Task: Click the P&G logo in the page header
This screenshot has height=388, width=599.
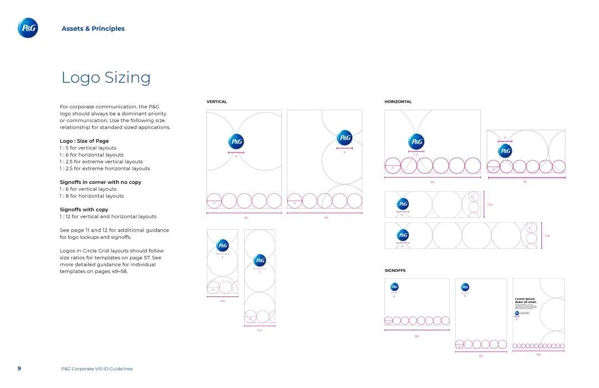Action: [x=28, y=28]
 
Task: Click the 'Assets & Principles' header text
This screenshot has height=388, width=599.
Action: [x=93, y=29]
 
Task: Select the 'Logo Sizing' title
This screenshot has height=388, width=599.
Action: [x=106, y=78]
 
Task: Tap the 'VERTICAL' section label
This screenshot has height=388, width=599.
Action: [x=217, y=102]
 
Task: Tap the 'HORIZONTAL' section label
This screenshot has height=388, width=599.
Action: [x=398, y=102]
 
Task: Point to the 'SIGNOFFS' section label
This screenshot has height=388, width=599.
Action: [x=395, y=271]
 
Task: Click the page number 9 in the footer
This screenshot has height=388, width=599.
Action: [x=19, y=369]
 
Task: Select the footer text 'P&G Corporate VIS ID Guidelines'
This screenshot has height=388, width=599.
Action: [x=97, y=369]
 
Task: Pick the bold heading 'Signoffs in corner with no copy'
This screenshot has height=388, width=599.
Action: [x=100, y=182]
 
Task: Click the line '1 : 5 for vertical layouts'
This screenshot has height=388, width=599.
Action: [x=88, y=148]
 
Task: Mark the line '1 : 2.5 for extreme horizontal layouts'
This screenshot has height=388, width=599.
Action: [x=105, y=168]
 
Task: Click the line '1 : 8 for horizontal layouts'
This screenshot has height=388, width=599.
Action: [x=92, y=196]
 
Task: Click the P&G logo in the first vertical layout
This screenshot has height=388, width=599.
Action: [x=236, y=142]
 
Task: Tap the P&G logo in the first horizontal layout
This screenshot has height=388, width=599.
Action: [x=416, y=142]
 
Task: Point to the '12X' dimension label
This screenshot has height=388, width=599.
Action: [x=538, y=354]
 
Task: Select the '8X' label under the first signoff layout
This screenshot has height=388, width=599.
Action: [x=417, y=336]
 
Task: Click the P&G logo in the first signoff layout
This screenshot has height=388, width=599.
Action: [x=394, y=287]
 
